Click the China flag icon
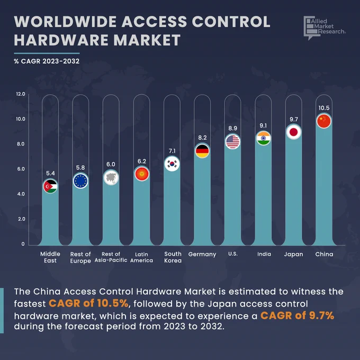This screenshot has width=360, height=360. click(323, 121)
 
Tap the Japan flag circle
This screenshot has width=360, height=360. click(293, 132)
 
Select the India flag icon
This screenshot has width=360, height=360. click(263, 138)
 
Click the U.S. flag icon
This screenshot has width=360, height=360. click(232, 141)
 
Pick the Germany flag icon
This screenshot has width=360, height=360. click(202, 151)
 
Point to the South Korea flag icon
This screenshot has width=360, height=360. click(172, 164)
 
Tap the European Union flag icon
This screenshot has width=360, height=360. click(80, 181)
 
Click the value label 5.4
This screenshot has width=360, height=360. click(50, 173)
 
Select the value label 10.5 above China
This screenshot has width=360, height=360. click(323, 108)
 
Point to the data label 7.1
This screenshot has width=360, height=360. click(172, 151)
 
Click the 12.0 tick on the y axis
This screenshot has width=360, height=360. click(21, 94)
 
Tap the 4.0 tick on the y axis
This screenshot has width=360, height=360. click(21, 194)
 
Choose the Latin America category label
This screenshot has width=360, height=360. click(141, 257)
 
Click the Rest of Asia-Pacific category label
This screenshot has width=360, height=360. click(111, 257)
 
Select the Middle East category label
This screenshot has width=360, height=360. click(50, 257)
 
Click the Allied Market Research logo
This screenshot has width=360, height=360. click(325, 28)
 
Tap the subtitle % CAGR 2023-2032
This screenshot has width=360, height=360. click(47, 61)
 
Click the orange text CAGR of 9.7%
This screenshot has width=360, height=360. click(297, 316)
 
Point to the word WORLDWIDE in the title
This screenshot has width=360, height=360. click(65, 22)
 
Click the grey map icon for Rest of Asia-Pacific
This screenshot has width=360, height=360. click(111, 177)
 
